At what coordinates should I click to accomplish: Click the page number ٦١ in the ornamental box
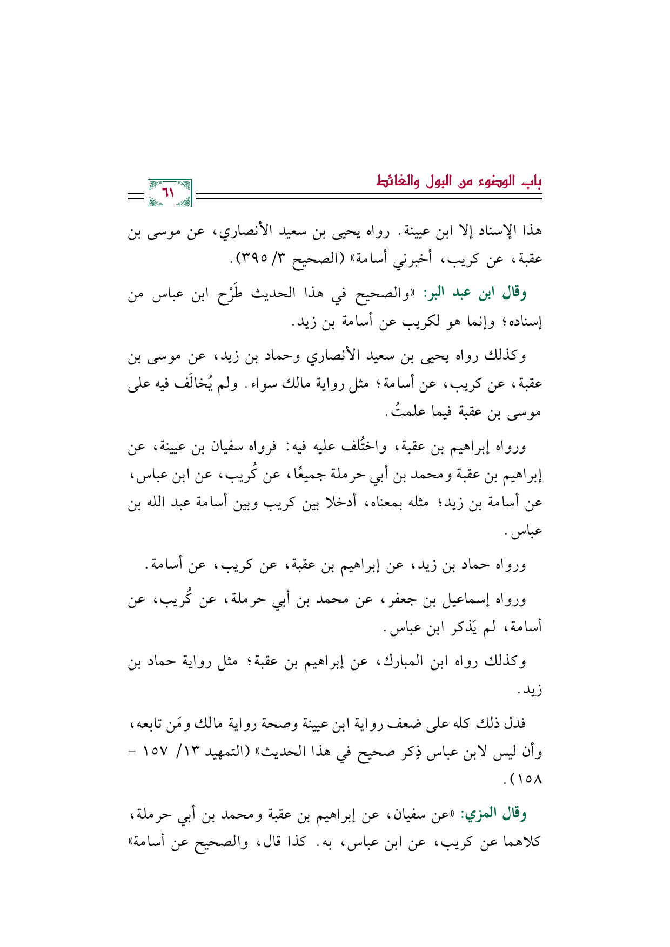tap(169, 193)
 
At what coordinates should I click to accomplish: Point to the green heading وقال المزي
tap(493, 814)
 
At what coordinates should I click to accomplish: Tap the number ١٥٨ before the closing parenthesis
tap(527, 780)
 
